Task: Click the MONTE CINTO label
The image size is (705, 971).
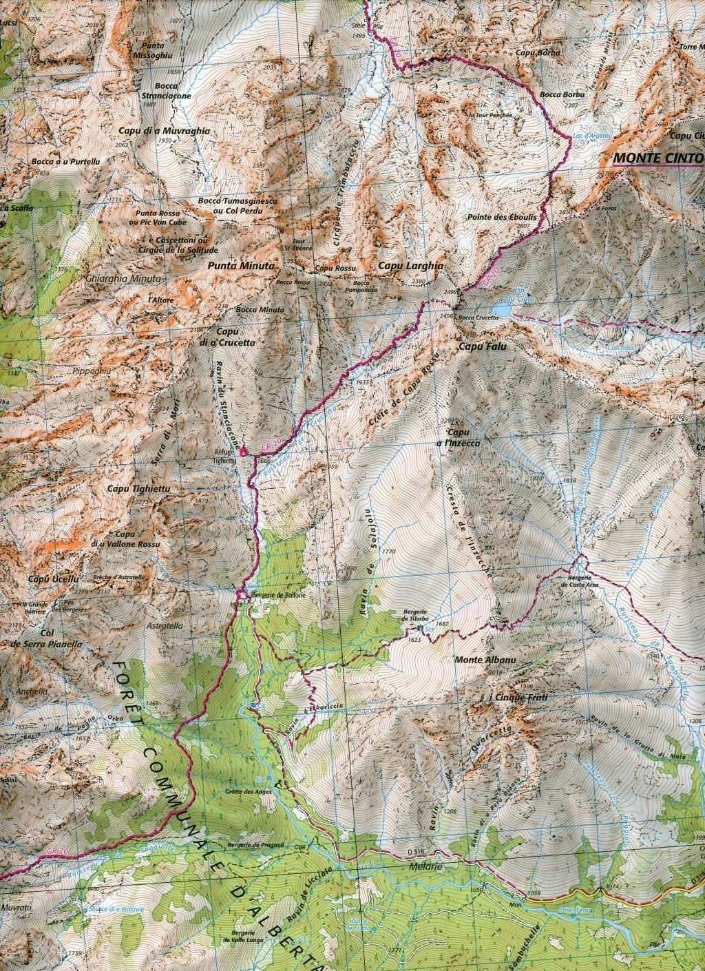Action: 657,157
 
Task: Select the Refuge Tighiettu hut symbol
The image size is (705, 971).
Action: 242,451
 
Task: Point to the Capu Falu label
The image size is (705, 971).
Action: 482,348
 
